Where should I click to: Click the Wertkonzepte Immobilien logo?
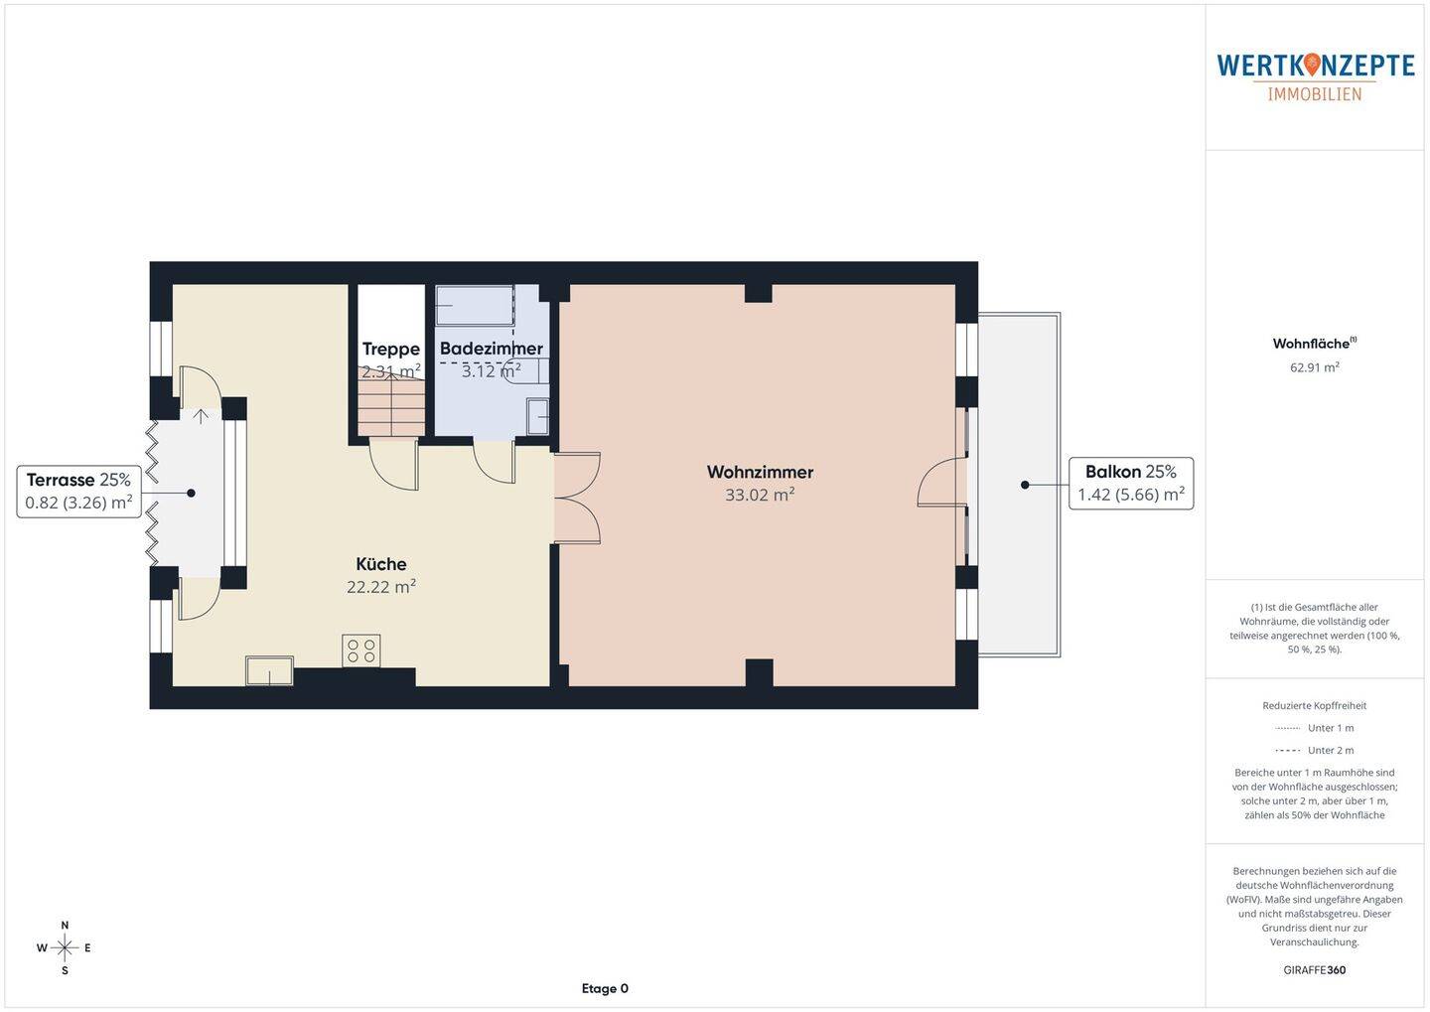point(1315,76)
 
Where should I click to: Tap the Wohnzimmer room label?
point(760,472)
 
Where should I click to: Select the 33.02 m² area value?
point(760,495)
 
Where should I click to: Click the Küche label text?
point(381,564)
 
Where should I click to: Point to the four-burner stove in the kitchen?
point(360,651)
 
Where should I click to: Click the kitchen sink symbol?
point(269,670)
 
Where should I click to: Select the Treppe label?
point(390,349)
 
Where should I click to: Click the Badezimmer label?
point(491,349)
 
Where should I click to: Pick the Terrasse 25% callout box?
point(78,492)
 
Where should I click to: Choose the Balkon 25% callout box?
point(1130,483)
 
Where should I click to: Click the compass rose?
point(65,947)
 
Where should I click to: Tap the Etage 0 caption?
point(605,988)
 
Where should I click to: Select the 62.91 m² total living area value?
point(1314,366)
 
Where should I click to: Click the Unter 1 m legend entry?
point(1315,728)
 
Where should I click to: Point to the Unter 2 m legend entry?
point(1315,750)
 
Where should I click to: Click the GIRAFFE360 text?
point(1314,969)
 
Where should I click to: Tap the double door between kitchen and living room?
point(578,498)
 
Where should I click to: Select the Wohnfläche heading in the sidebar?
point(1313,344)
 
